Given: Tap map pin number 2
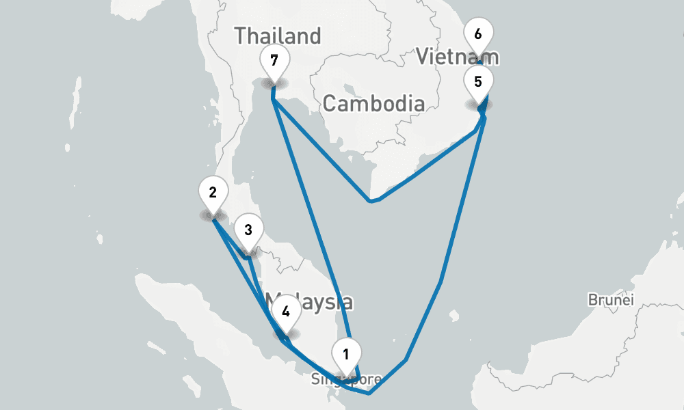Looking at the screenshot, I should [x=213, y=193].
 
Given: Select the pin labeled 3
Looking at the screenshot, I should [x=248, y=230].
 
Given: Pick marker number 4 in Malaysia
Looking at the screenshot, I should [x=285, y=312].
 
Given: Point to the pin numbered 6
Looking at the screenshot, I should [x=477, y=34].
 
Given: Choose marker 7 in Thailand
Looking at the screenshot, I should [x=274, y=60].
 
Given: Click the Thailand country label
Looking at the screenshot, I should [x=277, y=36].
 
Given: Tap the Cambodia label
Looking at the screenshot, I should [x=373, y=104].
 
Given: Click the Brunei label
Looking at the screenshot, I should [x=611, y=300].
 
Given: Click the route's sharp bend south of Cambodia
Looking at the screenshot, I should [x=371, y=201].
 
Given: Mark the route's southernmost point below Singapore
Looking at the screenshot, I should [x=369, y=394].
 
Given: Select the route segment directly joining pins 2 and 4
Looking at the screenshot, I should [x=246, y=273].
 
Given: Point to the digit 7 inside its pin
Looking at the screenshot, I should [x=274, y=59].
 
